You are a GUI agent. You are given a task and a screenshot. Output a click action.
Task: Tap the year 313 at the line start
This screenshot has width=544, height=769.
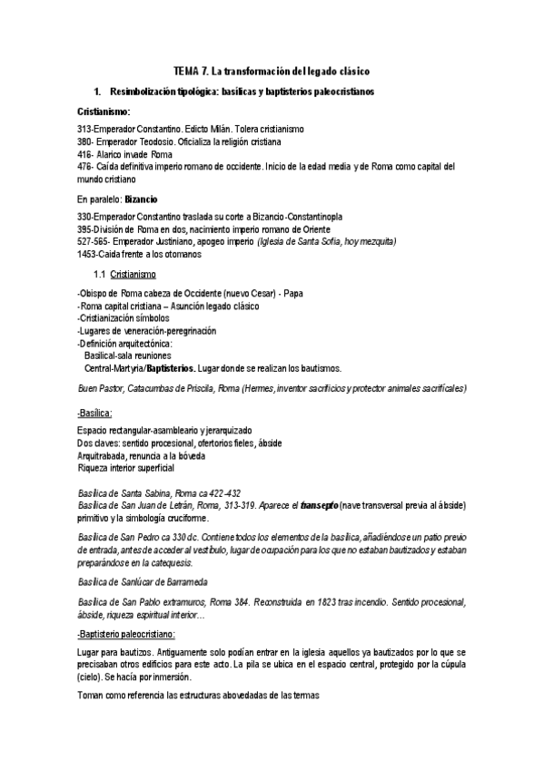tap(85, 131)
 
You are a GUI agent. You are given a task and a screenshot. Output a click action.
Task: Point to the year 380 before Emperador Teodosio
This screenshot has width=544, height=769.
tap(85, 142)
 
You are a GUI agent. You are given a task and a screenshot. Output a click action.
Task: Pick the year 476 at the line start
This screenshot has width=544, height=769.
tap(85, 166)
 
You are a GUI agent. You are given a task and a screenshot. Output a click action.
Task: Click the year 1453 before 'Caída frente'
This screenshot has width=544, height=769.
tap(88, 254)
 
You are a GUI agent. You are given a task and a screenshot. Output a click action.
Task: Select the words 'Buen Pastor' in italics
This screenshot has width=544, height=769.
tap(100, 387)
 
